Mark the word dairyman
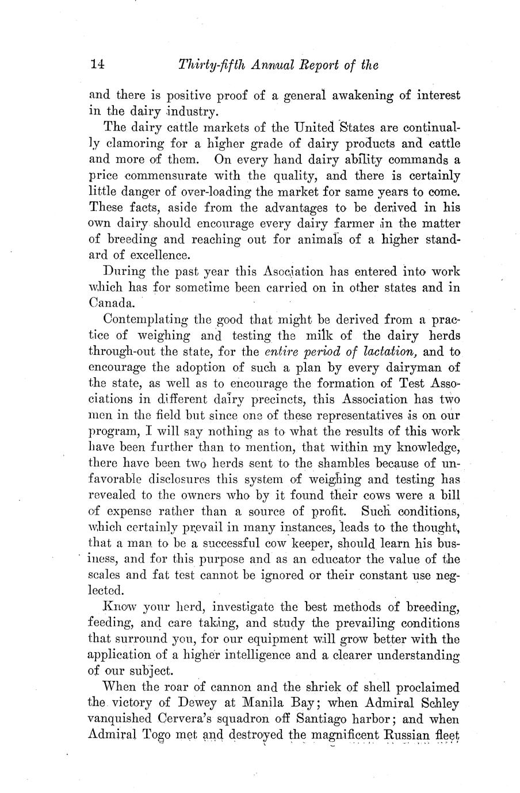(408, 366)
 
